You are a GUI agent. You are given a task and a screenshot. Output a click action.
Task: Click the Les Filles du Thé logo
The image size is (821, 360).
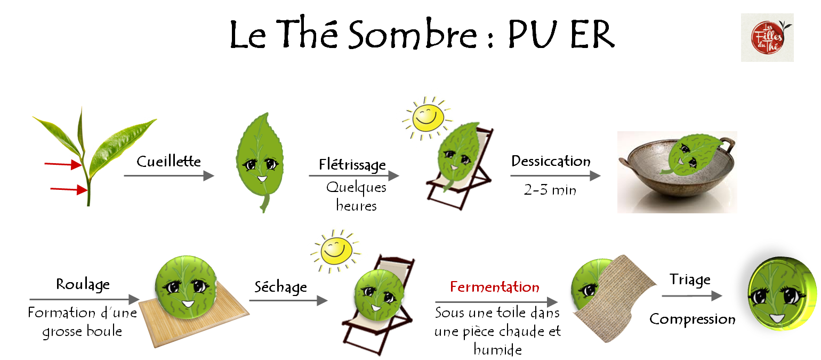click(x=767, y=37)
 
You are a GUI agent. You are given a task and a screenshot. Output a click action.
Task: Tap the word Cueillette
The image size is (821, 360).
click(x=168, y=161)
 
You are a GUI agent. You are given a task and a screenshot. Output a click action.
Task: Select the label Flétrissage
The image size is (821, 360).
click(x=352, y=165)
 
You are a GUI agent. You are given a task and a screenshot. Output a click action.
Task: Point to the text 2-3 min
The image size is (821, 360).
click(x=550, y=190)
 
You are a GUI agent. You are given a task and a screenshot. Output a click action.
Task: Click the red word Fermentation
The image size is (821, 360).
click(x=495, y=287)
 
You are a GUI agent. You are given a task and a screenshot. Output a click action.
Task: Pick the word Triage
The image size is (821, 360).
click(x=690, y=279)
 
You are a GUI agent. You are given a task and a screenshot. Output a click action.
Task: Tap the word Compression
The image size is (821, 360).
click(x=692, y=319)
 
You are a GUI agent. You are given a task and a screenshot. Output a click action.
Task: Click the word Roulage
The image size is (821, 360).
click(x=83, y=284)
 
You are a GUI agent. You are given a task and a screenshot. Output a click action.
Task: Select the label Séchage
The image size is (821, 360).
click(x=280, y=287)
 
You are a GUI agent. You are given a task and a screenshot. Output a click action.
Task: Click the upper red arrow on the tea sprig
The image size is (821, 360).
click(x=62, y=165)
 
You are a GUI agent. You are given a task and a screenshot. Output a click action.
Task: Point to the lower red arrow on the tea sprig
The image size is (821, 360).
click(x=68, y=189)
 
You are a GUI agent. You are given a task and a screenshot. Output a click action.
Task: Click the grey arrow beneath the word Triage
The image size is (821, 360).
click(x=692, y=296)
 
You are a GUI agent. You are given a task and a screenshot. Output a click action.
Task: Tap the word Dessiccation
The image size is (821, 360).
click(x=551, y=161)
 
